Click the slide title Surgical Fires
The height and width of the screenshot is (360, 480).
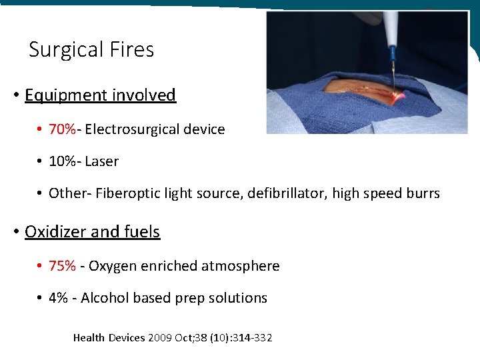(x=91, y=50)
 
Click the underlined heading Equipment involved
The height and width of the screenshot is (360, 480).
(x=100, y=95)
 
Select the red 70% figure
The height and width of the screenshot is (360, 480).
(x=62, y=129)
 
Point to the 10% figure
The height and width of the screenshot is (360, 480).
(x=62, y=161)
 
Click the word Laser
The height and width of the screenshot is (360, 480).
(x=101, y=161)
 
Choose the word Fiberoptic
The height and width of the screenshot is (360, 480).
(x=125, y=193)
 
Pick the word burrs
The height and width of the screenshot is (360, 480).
(x=423, y=193)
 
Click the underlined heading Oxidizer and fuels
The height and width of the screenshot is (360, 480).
(x=92, y=232)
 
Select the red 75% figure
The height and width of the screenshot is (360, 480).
(x=62, y=266)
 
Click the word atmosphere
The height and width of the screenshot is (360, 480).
(x=243, y=266)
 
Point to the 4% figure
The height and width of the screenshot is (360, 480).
(x=58, y=298)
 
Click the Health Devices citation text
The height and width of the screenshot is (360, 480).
(x=172, y=338)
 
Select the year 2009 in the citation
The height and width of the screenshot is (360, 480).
(x=160, y=338)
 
